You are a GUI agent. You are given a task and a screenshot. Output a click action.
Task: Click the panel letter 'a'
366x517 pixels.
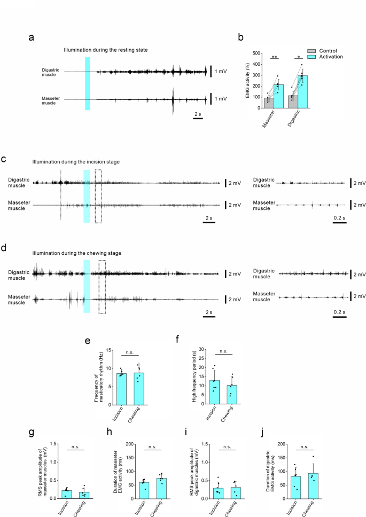32,37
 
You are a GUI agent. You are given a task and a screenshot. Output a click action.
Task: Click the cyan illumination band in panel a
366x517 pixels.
88,83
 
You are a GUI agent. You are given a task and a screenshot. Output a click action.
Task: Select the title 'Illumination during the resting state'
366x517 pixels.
106,50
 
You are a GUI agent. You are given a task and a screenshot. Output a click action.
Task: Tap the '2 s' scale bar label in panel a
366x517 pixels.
197,114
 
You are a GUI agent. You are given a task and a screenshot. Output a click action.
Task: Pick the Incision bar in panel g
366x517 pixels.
66,494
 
